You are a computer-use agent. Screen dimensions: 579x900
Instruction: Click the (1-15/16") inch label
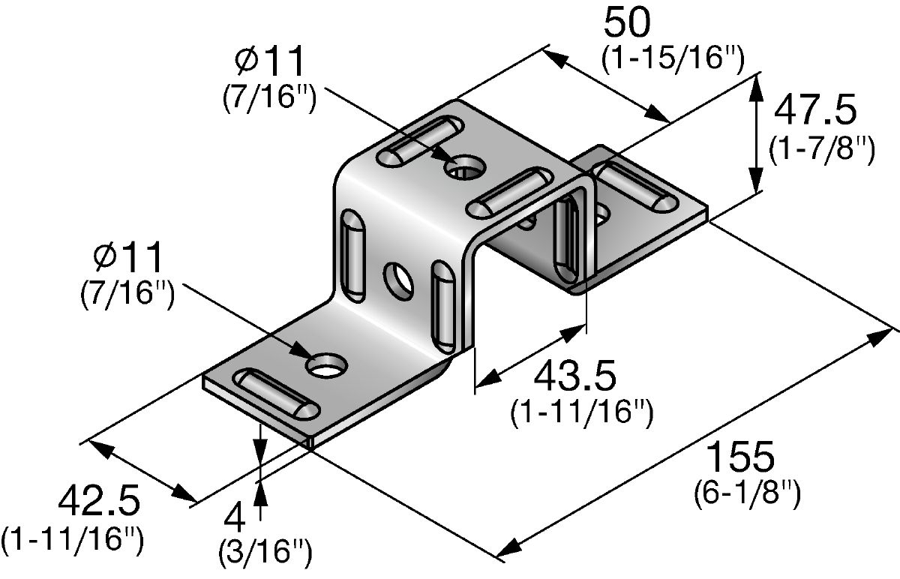[x=673, y=59]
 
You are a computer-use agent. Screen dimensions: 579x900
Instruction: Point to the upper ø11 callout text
[x=270, y=61]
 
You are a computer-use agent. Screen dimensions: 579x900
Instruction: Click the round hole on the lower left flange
[x=327, y=365]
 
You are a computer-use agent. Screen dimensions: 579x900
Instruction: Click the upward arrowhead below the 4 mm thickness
[x=259, y=491]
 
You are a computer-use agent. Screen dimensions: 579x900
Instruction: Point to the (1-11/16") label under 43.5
[x=580, y=412]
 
